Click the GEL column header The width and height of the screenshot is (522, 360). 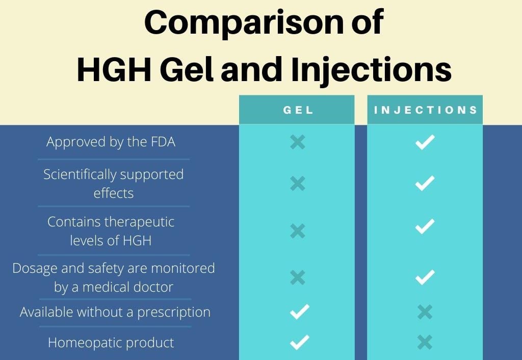tap(298, 110)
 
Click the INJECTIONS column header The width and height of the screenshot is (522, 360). tap(426, 110)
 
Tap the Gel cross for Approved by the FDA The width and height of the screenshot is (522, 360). tap(298, 142)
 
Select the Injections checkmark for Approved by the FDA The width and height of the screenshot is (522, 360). tap(425, 142)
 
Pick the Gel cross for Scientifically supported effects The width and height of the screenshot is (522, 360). tap(298, 184)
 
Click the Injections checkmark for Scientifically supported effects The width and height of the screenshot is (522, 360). tap(425, 183)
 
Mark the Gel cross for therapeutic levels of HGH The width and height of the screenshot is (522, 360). tap(298, 231)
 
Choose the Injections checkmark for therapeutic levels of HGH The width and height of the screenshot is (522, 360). tap(425, 226)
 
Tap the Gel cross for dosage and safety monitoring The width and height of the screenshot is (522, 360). tap(298, 277)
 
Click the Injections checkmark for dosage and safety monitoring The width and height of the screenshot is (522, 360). tap(425, 277)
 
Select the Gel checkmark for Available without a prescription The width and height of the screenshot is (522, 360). tap(300, 312)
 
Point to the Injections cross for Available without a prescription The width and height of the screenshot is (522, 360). tap(425, 312)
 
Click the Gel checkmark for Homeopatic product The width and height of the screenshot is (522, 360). tap(300, 342)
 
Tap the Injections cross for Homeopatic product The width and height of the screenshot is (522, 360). tap(425, 342)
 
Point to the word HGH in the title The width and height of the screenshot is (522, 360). tap(114, 69)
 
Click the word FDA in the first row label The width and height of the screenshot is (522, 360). tap(163, 142)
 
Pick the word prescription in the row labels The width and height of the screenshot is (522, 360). tap(174, 313)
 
